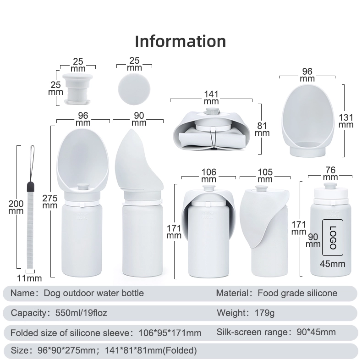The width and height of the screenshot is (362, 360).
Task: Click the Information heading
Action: [x=180, y=41]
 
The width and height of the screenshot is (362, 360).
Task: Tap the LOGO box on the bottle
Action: [x=333, y=238]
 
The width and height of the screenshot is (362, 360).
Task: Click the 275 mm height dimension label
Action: [x=50, y=202]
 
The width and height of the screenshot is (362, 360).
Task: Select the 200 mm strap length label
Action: [x=16, y=207]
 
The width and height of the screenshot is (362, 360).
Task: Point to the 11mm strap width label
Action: [x=29, y=278]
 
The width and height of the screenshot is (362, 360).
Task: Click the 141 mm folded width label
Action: [x=211, y=98]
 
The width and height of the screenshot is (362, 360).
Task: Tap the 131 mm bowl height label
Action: [x=346, y=121]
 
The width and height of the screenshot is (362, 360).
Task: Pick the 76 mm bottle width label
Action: [x=330, y=173]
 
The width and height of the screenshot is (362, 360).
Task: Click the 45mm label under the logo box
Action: [x=333, y=264]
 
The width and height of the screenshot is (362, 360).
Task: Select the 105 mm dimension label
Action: [x=265, y=176]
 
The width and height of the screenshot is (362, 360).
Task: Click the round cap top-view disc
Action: [x=134, y=89]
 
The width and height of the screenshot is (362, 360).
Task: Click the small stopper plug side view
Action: [x=77, y=89]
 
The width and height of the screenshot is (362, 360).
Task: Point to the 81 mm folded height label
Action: [x=262, y=129]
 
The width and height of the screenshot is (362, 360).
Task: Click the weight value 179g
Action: [x=264, y=313]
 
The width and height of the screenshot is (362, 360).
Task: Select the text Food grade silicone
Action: [x=297, y=293]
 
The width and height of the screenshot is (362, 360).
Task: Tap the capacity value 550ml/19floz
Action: [x=81, y=313]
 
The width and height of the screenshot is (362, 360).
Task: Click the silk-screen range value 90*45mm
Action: [x=316, y=332]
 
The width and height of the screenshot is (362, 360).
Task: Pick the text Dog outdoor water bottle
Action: [x=94, y=293]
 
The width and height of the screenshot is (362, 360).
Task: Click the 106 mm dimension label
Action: [x=208, y=176]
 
